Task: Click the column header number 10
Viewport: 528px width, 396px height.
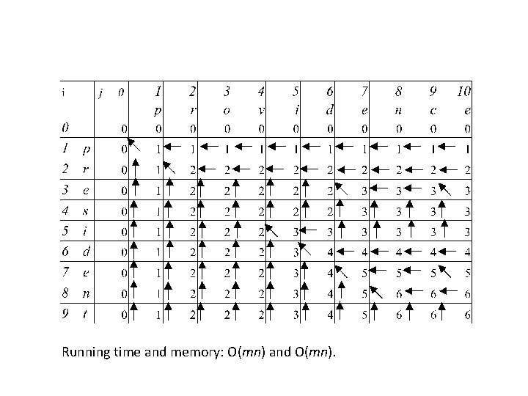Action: click(463, 92)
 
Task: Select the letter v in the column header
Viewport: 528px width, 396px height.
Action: click(261, 110)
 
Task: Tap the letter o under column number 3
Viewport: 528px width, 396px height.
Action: click(227, 110)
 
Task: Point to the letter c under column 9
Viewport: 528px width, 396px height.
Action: click(433, 110)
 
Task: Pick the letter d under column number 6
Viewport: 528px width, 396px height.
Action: click(330, 110)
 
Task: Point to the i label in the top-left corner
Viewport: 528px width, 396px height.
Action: click(64, 92)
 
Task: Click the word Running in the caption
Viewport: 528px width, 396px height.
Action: click(87, 353)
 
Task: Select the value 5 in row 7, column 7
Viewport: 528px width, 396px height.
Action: click(364, 273)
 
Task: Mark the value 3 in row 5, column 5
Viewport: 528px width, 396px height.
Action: click(296, 232)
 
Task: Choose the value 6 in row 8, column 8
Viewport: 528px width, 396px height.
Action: click(399, 293)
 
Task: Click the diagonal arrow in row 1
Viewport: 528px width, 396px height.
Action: click(132, 143)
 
